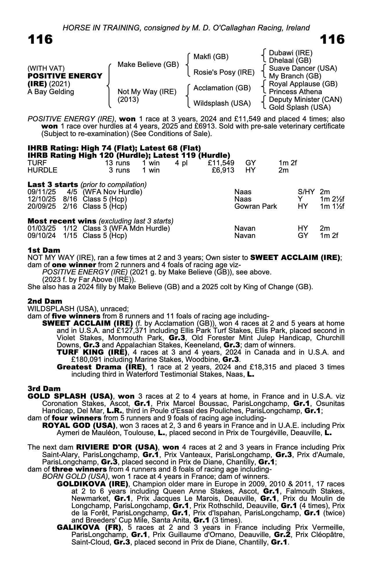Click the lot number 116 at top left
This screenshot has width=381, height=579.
pos(40,39)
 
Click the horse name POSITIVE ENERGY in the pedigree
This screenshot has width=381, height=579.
pos(65,76)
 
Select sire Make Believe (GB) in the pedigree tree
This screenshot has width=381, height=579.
pos(148,65)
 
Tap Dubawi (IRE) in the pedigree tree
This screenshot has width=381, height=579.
pos(291,53)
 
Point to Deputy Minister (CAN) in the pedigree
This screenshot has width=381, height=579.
pos(305,100)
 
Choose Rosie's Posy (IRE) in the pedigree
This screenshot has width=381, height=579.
pos(224,72)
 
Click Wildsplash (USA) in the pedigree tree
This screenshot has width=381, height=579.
pos(222,103)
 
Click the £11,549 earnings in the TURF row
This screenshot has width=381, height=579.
pos(221,163)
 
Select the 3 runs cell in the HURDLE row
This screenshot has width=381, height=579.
pos(119,170)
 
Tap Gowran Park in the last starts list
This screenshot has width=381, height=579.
pos(255,206)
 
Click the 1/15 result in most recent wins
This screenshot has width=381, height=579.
pos(70,236)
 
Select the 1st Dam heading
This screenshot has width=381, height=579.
pos(44,250)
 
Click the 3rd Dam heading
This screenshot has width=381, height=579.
pos(44,389)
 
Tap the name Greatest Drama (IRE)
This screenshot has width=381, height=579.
pos(101,367)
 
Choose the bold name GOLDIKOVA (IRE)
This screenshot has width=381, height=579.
pos(92,484)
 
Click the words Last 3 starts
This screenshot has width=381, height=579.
pos(53,185)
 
